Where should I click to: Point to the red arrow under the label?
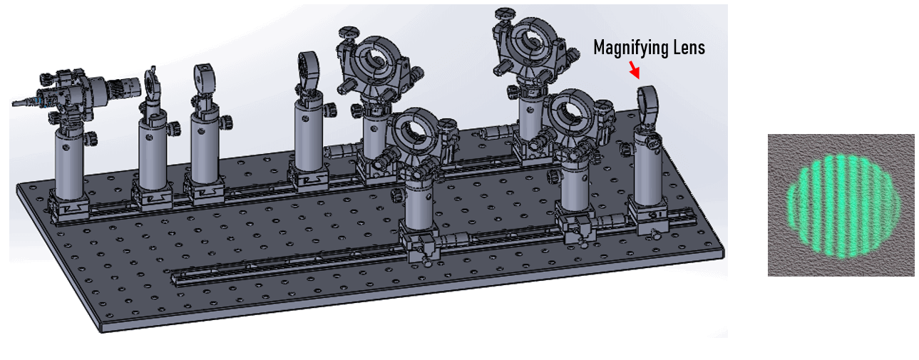(634, 69)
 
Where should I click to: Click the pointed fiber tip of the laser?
(19, 104)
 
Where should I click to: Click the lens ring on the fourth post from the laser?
(309, 72)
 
